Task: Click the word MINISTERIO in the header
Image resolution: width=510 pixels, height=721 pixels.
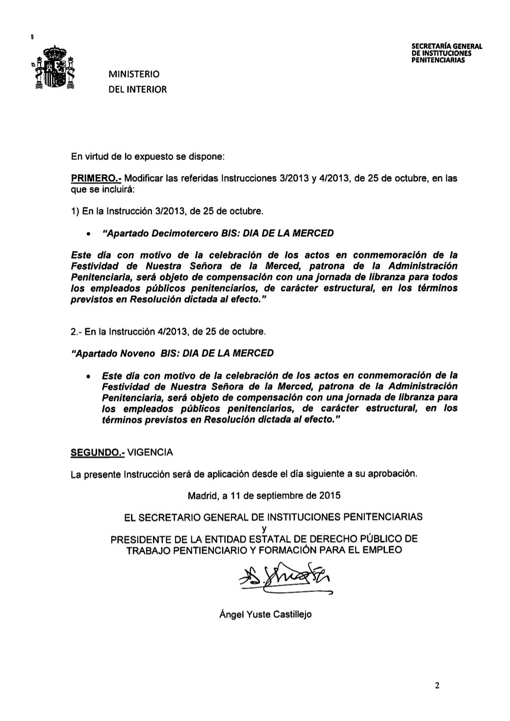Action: (x=134, y=75)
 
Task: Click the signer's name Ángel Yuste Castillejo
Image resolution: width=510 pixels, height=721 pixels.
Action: (x=265, y=614)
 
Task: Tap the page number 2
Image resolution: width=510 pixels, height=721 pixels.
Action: (x=437, y=686)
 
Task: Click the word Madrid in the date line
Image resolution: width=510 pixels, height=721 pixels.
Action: (x=203, y=496)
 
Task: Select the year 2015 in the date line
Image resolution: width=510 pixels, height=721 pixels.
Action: (x=330, y=496)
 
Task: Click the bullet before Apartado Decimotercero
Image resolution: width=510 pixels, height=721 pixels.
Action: (x=88, y=234)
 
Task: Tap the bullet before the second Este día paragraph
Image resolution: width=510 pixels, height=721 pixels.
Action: (x=88, y=376)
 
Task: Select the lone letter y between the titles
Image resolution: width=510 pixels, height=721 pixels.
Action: (x=264, y=528)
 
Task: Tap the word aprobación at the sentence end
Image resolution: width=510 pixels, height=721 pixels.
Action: (x=392, y=474)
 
